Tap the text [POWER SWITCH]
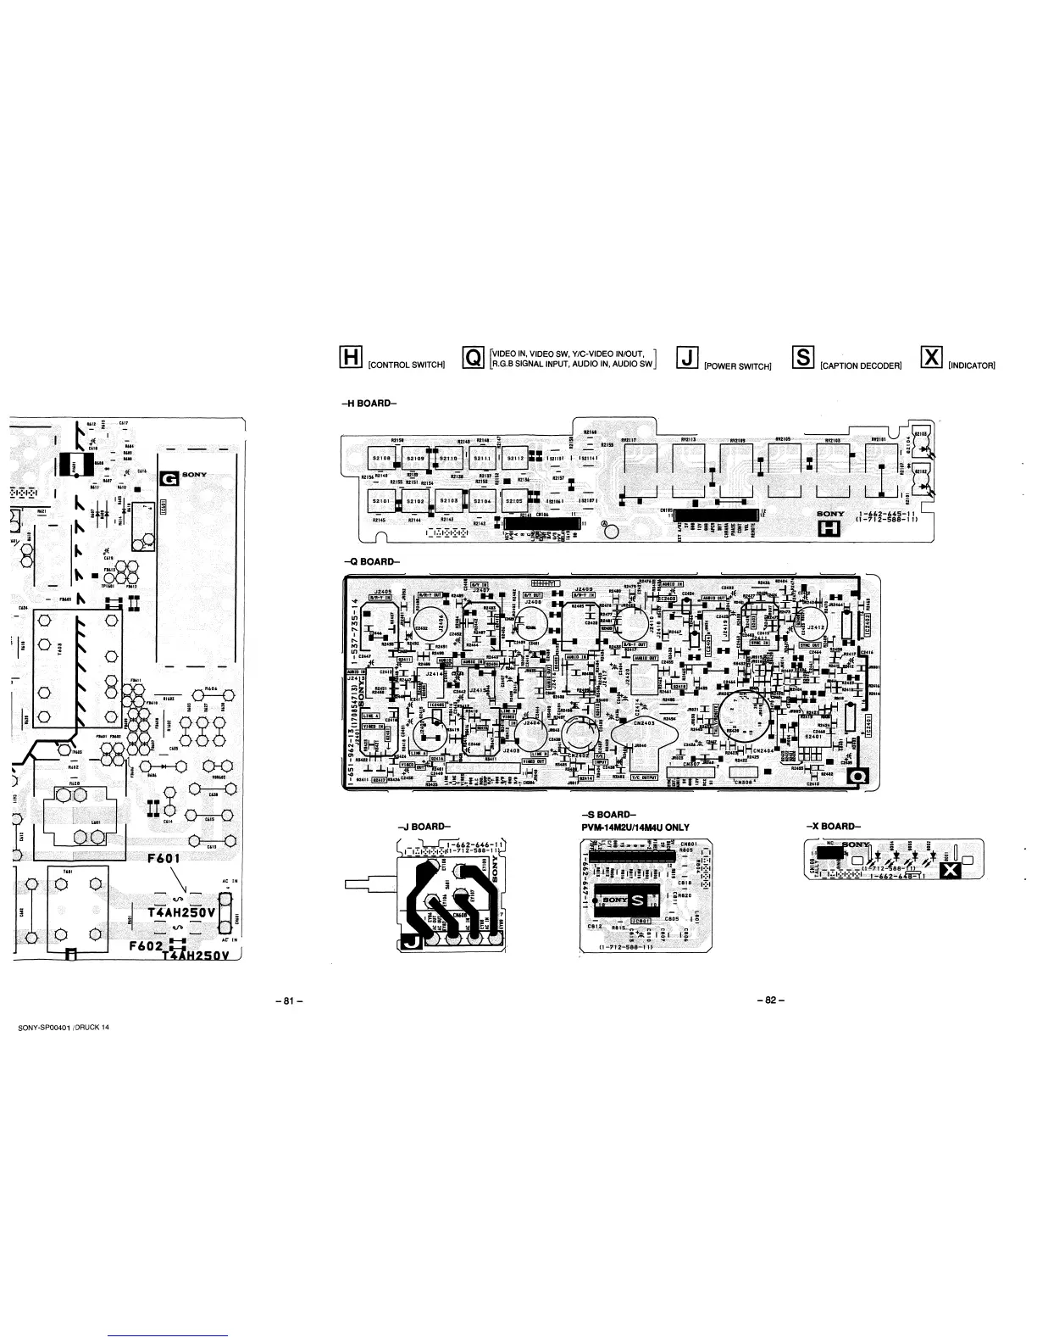[737, 366]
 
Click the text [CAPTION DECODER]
[860, 366]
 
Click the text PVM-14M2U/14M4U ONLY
[635, 828]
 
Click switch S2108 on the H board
[379, 458]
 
